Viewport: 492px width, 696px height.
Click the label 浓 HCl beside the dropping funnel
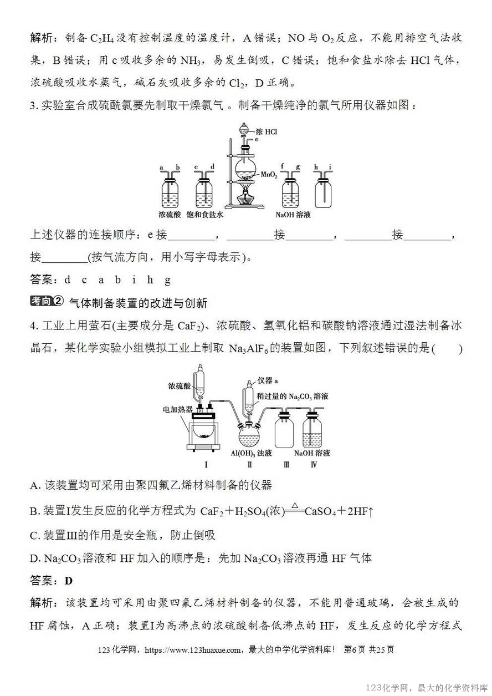[266, 131]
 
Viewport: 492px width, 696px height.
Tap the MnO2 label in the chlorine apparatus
[269, 174]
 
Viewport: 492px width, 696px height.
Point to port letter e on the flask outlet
[257, 140]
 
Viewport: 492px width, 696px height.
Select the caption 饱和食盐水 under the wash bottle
[204, 215]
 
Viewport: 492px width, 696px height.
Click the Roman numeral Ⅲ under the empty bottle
[286, 465]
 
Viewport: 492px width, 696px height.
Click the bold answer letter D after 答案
[69, 581]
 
